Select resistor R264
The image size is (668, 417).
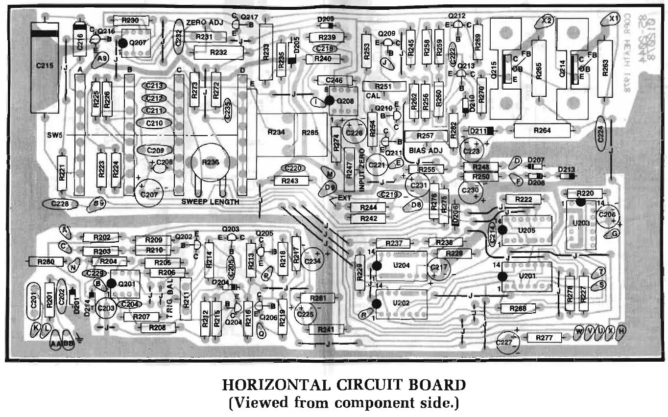[542, 131]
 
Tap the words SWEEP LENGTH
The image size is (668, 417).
[210, 202]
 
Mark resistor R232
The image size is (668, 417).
[218, 52]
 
